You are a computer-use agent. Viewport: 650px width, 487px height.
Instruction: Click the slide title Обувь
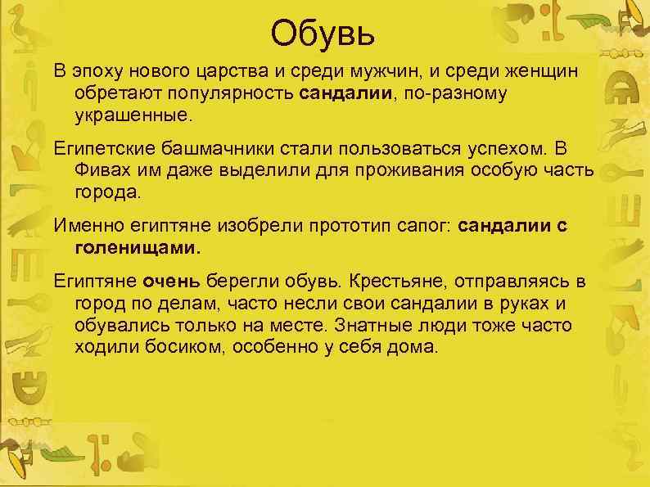pos(323,34)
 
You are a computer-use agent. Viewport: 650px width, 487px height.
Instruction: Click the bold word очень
pos(171,283)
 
